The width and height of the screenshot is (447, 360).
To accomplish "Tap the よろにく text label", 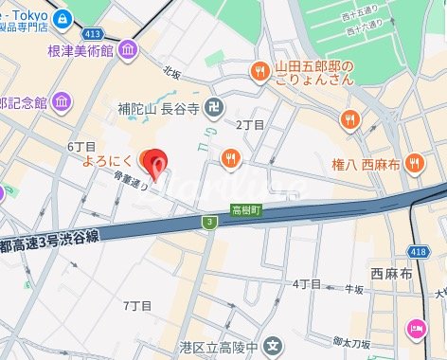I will (105, 160).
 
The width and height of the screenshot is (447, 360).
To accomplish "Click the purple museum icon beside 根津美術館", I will (128, 49).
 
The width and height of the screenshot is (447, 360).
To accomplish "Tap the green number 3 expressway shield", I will (208, 221).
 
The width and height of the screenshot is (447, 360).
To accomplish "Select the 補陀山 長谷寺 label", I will (157, 109).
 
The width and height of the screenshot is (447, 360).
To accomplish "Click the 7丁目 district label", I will (138, 305).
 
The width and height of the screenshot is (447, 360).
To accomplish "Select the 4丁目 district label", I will (306, 283).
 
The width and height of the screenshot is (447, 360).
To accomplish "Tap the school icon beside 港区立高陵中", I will (274, 345).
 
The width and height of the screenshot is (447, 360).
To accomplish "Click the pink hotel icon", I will (417, 330).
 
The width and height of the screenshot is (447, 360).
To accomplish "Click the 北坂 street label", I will (171, 72).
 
